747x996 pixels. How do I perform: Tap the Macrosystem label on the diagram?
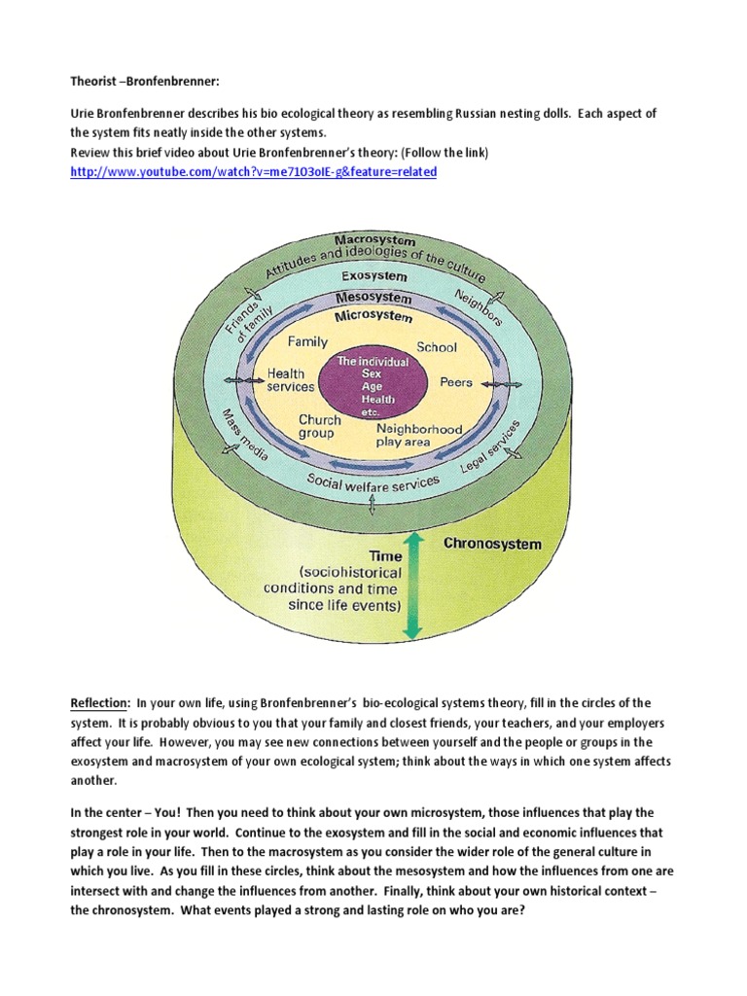pos(374,240)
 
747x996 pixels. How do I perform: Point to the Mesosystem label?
pos(373,298)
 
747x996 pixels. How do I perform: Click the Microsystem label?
pos(373,317)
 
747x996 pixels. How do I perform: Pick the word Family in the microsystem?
pos(307,343)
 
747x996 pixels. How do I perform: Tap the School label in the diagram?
pos(437,347)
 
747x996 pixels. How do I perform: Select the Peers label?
pos(456,382)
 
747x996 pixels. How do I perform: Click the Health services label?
pos(291,380)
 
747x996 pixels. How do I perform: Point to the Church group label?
pos(320,427)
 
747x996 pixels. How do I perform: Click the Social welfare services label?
pos(373,480)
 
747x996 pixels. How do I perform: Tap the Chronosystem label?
pos(492,544)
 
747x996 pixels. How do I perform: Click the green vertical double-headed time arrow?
pos(412,584)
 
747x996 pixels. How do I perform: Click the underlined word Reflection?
pos(100,703)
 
